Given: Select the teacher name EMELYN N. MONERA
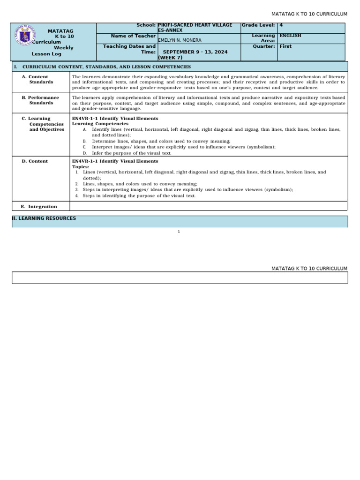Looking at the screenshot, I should tap(180, 40).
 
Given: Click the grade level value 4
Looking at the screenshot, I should tap(281, 25).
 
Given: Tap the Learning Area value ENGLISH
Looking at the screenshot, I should tap(290, 36).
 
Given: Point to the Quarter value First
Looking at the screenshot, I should tap(285, 46).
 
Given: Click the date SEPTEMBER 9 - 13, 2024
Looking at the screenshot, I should tap(195, 52).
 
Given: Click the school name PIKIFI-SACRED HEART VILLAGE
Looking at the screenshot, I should tap(195, 25).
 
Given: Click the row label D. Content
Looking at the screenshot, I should tap(35, 161).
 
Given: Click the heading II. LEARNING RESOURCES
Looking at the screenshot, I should tap(44, 218).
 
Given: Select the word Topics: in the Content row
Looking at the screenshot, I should tap(80, 166).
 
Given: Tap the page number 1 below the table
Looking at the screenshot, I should tap(179, 232).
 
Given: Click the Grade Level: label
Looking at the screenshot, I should tap(258, 25).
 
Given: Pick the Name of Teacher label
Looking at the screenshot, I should tap(133, 36).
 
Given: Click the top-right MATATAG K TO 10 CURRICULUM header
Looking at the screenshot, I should tap(309, 14).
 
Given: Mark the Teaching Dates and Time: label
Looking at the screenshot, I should tap(129, 49).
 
